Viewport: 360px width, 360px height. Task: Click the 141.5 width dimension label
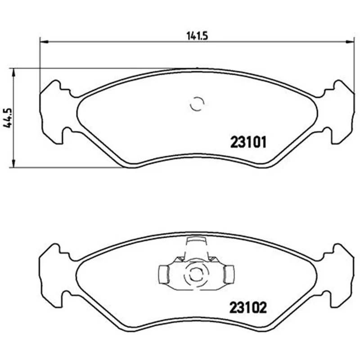tap(197, 36)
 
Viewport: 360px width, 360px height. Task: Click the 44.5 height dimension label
tap(8, 118)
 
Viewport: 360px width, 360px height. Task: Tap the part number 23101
tap(248, 142)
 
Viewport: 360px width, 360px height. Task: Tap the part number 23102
tap(248, 307)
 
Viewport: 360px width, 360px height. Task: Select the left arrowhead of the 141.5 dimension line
tap(44, 42)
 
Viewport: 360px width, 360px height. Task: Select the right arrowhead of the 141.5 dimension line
tap(350, 42)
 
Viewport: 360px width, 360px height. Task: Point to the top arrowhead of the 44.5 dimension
tap(13, 72)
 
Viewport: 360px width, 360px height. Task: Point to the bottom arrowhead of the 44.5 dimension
tap(13, 163)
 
